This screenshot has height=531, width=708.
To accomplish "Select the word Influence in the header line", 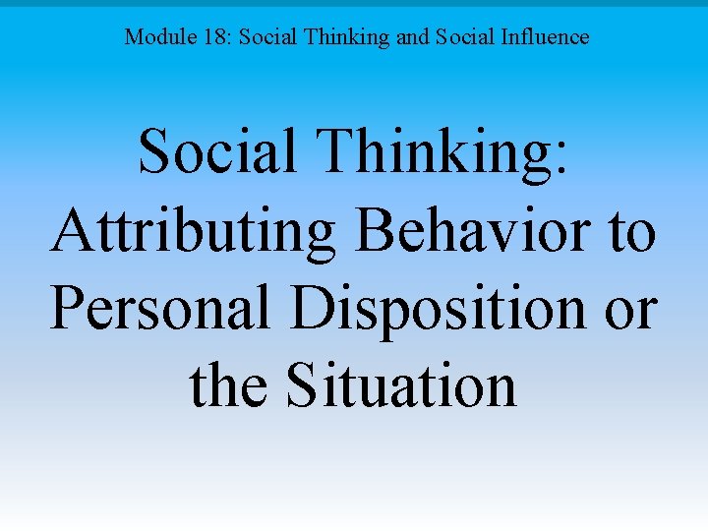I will pos(549,38).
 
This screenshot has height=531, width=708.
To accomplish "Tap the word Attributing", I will pos(193,232).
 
